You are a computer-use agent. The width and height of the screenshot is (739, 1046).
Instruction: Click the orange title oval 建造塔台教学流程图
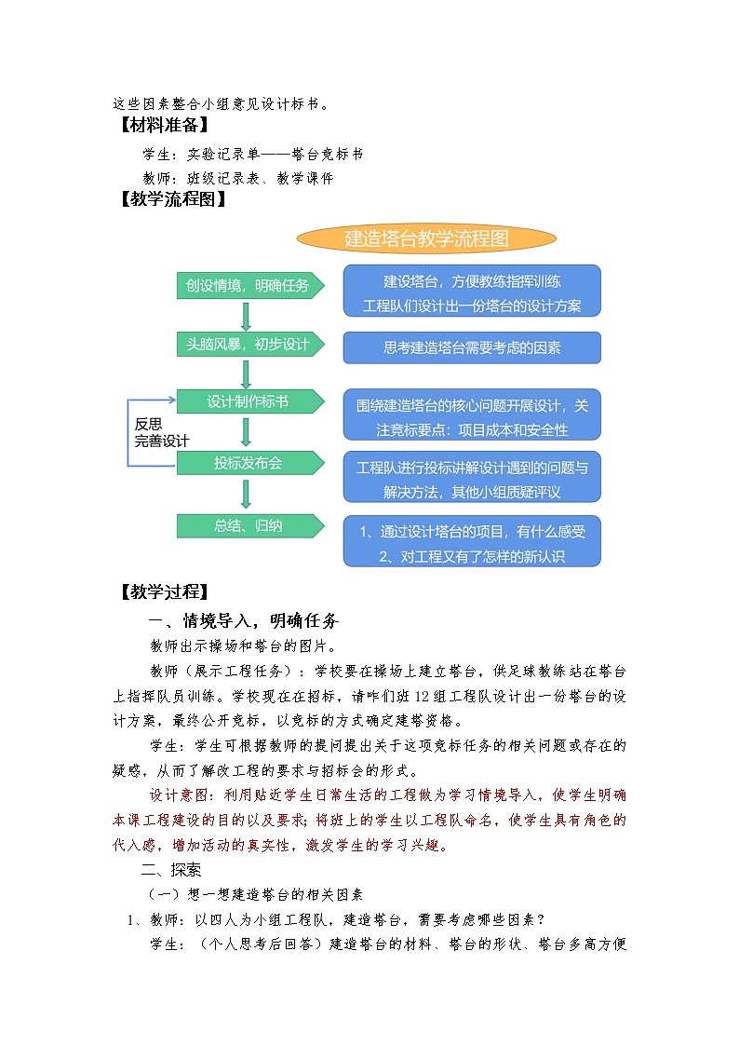pos(427,238)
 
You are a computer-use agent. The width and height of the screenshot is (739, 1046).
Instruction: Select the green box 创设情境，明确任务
pos(249,286)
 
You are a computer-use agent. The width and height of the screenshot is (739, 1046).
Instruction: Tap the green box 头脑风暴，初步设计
pos(249,345)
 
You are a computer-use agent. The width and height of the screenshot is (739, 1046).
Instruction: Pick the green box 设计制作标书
pos(249,402)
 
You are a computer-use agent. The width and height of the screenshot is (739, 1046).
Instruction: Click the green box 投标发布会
pos(249,463)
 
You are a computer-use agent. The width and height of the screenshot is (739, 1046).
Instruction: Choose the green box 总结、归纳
pos(249,525)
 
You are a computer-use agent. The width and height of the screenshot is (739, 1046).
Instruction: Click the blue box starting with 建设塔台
pos(472,291)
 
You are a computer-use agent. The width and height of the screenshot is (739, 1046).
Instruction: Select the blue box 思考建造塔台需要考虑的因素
pos(472,348)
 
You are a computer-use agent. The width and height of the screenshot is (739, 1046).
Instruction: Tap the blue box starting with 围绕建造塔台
pos(472,416)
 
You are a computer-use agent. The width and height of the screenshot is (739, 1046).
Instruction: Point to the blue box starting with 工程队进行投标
pos(472,478)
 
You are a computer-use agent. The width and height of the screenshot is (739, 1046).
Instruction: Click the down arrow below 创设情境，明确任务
pos(247,316)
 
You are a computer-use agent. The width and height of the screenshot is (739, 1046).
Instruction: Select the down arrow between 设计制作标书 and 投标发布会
pos(247,432)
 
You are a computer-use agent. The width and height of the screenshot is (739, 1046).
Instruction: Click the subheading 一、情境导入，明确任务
pos(245,621)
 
